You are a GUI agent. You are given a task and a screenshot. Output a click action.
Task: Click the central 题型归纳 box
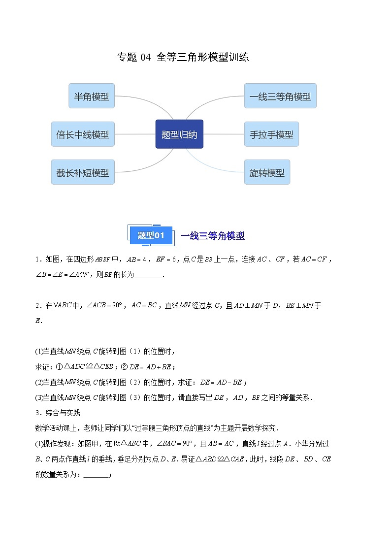(x=179, y=134)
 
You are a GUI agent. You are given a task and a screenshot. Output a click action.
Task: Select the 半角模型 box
(x=91, y=96)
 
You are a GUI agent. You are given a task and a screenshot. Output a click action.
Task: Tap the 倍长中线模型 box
(x=83, y=134)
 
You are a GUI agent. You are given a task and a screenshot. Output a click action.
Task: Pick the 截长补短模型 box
(x=83, y=172)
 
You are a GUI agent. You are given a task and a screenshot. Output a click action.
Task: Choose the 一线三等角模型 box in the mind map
(x=280, y=96)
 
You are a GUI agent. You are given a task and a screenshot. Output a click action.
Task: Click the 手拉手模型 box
(x=271, y=134)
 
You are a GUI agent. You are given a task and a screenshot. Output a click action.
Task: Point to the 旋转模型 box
(x=267, y=172)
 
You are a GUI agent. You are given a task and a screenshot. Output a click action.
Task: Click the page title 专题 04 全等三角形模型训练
(x=183, y=57)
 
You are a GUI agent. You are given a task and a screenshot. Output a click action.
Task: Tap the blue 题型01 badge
(x=151, y=236)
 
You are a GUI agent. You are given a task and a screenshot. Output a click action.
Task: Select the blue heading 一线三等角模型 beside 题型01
(x=213, y=236)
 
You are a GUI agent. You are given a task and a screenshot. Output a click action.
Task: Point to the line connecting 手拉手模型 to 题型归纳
(x=224, y=134)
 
